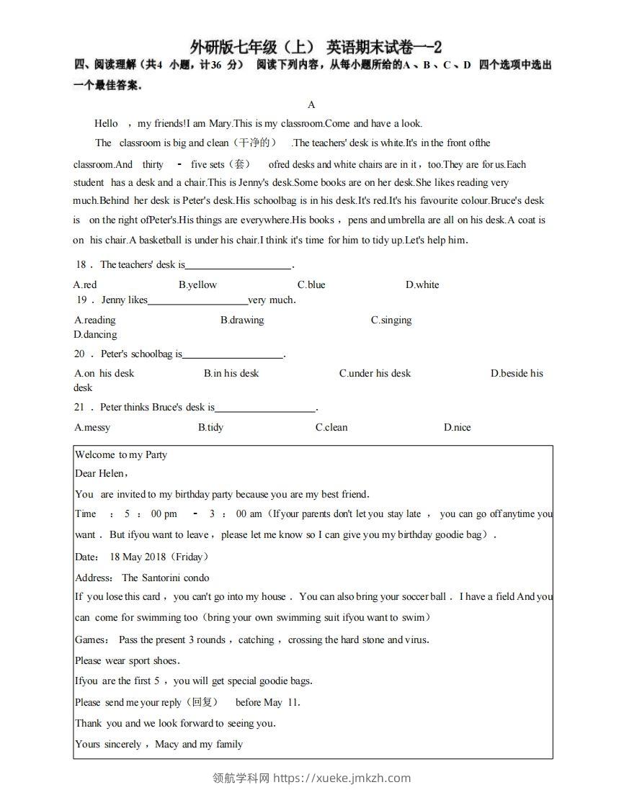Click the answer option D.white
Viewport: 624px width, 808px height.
pos(422,284)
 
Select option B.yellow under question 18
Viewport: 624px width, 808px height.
pos(197,284)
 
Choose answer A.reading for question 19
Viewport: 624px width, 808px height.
pos(94,320)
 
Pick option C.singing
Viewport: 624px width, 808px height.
pos(391,320)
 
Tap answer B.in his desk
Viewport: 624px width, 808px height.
pos(231,373)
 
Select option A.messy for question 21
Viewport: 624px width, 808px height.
pos(92,427)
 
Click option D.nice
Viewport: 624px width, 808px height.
pos(457,427)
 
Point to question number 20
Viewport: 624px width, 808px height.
pos(79,354)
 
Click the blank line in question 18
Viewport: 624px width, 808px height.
pos(239,265)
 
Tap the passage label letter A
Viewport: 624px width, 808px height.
pos(311,104)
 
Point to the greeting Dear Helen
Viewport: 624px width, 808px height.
pos(101,473)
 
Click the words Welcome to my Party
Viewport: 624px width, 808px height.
pos(121,454)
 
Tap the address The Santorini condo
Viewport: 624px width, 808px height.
pos(166,578)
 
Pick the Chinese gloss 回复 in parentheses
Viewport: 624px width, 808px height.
pos(201,702)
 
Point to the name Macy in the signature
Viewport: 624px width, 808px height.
pos(166,744)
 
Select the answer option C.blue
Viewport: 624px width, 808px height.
pos(311,284)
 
